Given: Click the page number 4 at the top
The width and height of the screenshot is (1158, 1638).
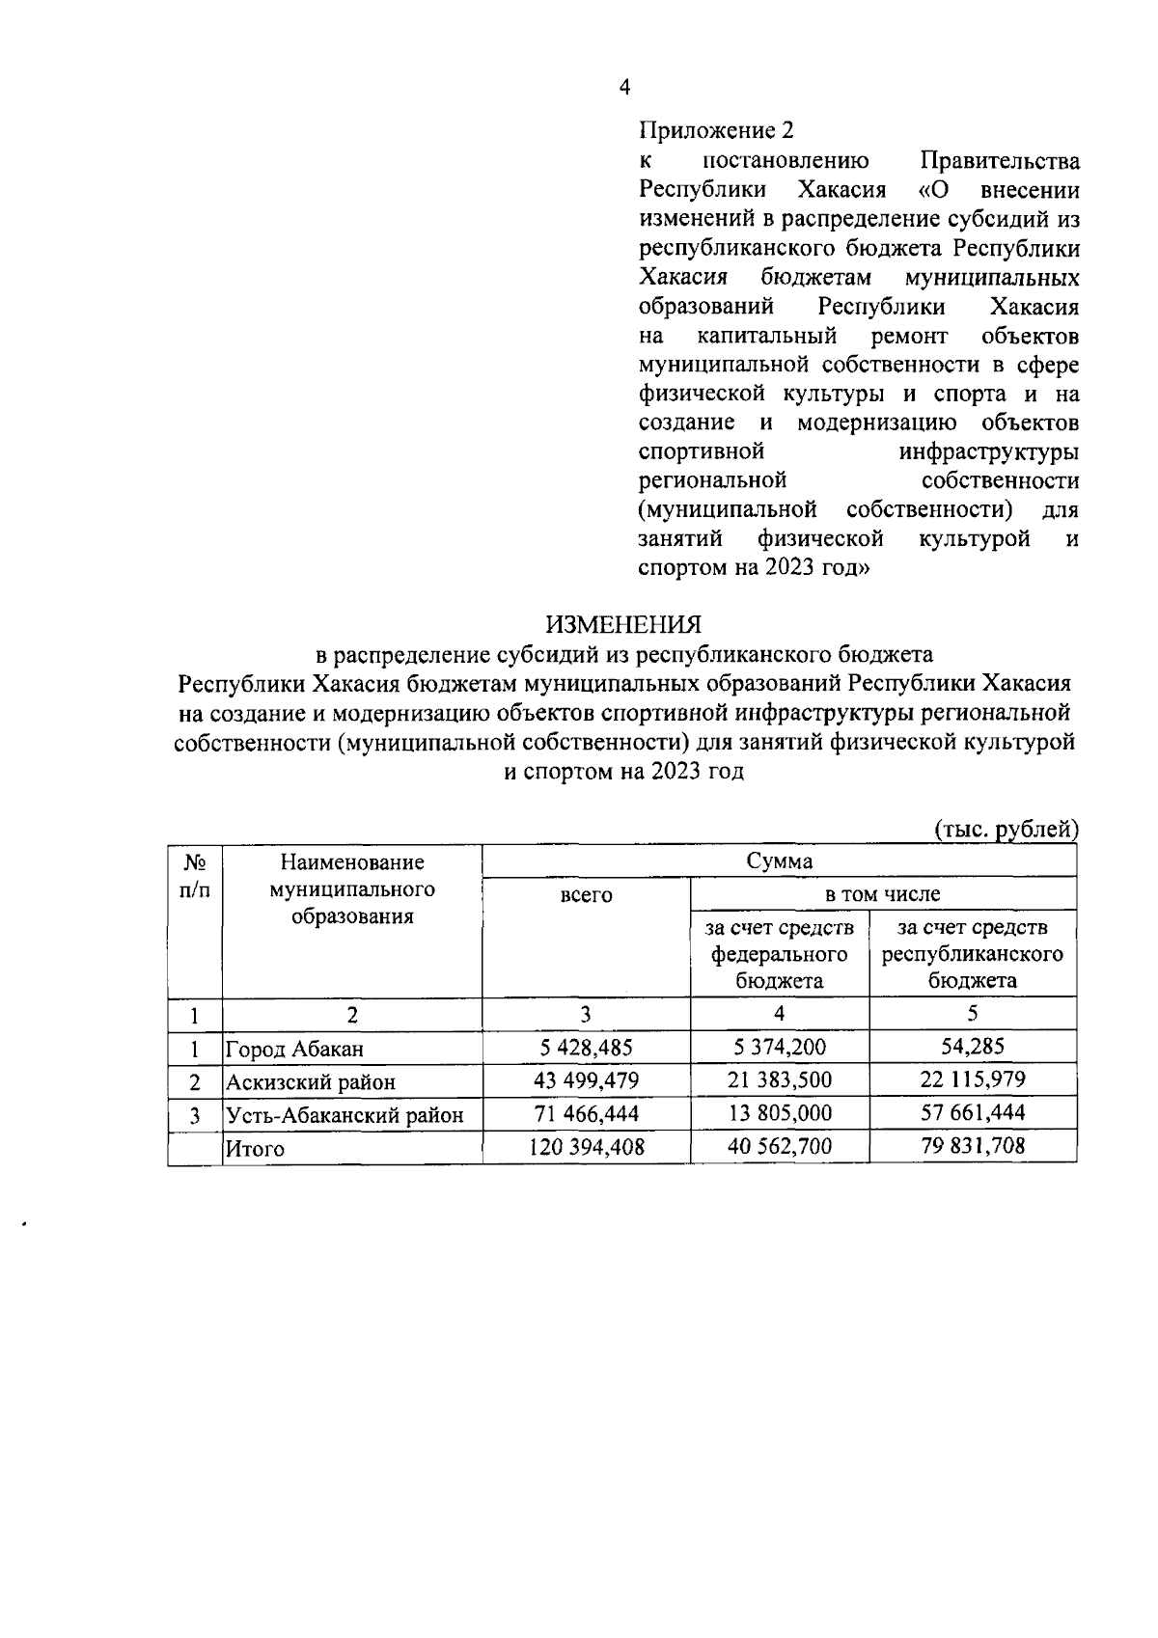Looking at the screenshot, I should click(624, 88).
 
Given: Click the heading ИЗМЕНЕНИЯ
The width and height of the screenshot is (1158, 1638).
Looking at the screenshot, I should click(624, 625).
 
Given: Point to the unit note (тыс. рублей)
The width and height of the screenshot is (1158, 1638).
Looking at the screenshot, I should click(1006, 829).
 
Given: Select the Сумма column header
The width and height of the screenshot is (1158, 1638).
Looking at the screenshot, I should click(780, 861).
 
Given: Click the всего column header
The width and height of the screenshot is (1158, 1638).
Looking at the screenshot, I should click(586, 895).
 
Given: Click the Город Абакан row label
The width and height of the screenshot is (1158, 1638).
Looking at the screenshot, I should click(294, 1049).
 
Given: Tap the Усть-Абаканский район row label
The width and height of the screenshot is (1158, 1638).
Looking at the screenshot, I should click(345, 1116).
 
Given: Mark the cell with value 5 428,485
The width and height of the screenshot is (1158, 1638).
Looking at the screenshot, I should click(586, 1047).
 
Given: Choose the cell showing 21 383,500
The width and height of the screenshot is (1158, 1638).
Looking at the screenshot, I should click(779, 1080).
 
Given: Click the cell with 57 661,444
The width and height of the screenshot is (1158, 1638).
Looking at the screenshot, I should click(972, 1113).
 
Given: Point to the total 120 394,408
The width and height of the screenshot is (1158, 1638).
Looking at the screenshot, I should click(586, 1147).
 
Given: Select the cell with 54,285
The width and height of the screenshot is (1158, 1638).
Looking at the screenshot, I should click(972, 1046).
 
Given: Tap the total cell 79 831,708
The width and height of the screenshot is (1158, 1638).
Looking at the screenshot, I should click(972, 1147).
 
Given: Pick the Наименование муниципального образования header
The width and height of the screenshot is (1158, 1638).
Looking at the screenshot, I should click(352, 888).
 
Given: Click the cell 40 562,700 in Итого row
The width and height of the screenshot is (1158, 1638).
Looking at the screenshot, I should click(779, 1147).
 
